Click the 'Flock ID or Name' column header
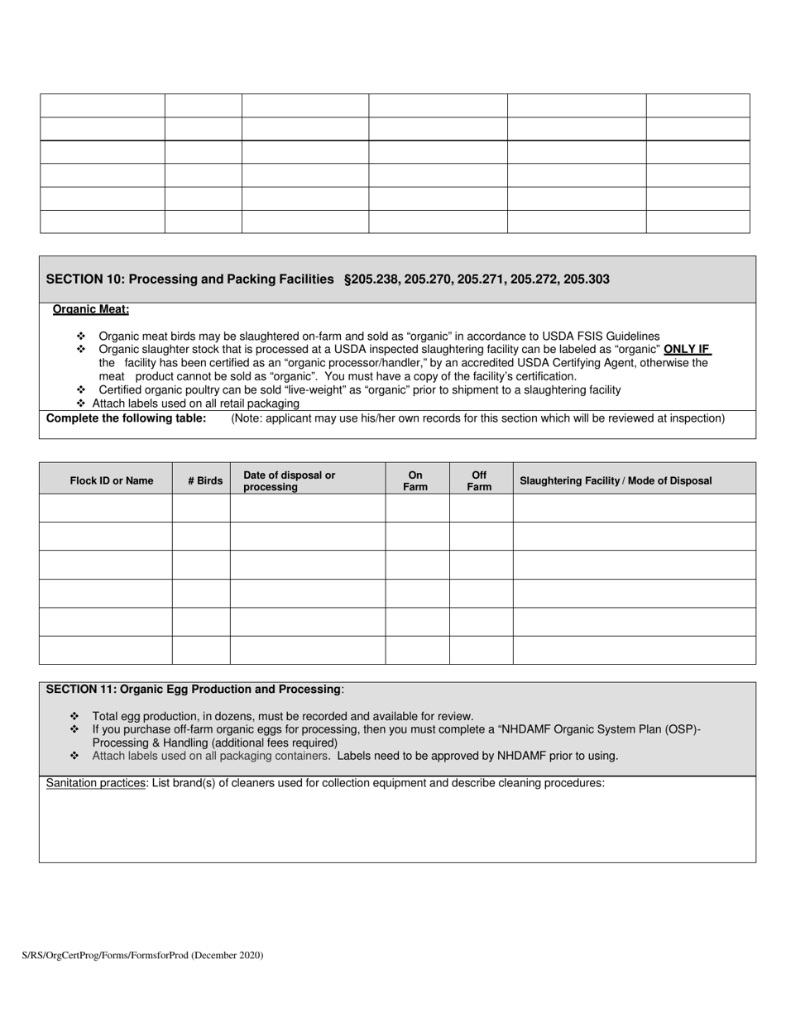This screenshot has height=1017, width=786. coord(112,480)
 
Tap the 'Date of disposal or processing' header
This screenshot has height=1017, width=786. coord(289,480)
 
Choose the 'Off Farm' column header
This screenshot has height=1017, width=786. coord(479,480)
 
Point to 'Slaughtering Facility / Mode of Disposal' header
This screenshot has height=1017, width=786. coord(616,480)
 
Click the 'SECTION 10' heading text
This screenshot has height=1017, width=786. coord(189,279)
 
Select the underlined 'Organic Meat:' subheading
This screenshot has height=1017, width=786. coord(91,309)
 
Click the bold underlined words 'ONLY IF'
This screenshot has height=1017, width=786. coord(687,350)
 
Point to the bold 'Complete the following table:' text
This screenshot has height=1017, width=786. coord(127,418)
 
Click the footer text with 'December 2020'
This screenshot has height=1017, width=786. coord(142,955)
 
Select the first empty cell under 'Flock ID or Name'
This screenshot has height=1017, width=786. coord(106,508)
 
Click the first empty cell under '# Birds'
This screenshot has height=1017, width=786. coord(201,508)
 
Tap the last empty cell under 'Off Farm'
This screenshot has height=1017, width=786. coord(481,650)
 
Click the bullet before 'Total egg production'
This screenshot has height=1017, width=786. coord(74,716)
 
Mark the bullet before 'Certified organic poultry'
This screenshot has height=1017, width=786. coord(81,389)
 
